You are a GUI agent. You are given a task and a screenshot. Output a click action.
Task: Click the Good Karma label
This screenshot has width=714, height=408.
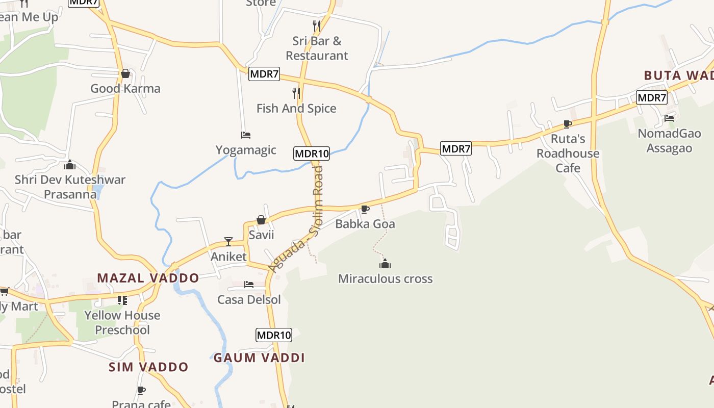[x=125, y=89]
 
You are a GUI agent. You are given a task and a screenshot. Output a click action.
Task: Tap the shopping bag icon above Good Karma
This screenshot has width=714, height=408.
[x=125, y=74]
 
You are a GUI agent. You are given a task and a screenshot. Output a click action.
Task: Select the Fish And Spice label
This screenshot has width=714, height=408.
[x=296, y=108]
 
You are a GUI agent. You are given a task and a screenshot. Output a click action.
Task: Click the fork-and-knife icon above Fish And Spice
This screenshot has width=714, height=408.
[x=296, y=93]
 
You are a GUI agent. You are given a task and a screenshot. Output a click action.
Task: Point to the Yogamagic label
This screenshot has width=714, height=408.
[x=246, y=150]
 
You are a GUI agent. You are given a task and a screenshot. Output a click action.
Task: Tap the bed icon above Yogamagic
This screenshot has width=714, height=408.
[x=246, y=135]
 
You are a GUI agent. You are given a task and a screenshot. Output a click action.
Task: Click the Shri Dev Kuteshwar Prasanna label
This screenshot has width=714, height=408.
[x=70, y=187]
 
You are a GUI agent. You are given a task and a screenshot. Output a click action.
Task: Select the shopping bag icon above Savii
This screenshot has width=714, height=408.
[x=261, y=220]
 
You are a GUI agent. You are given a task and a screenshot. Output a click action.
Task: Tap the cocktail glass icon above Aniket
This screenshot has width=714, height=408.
[x=228, y=242]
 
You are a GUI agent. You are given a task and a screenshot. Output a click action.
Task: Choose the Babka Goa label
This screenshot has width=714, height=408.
[x=365, y=224]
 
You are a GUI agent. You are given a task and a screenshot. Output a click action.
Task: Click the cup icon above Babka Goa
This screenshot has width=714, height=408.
[x=365, y=209]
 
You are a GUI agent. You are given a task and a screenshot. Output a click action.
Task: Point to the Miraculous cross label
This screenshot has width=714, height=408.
[x=386, y=278]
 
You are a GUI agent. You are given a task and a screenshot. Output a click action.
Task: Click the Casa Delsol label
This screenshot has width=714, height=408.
[x=249, y=299]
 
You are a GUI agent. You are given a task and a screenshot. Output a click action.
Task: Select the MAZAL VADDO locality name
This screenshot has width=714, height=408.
[x=148, y=278]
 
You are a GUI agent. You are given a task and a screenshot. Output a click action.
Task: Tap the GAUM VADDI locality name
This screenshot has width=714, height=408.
[x=259, y=358]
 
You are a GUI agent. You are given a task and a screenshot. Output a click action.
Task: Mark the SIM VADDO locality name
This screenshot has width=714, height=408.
[x=148, y=367]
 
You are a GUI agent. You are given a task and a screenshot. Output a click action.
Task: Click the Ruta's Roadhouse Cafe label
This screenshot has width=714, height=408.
[x=568, y=153]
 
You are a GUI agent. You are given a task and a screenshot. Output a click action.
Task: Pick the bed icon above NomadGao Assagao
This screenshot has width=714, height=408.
[x=669, y=118]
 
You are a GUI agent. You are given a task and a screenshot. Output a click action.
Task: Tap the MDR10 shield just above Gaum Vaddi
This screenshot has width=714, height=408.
[x=274, y=335]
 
